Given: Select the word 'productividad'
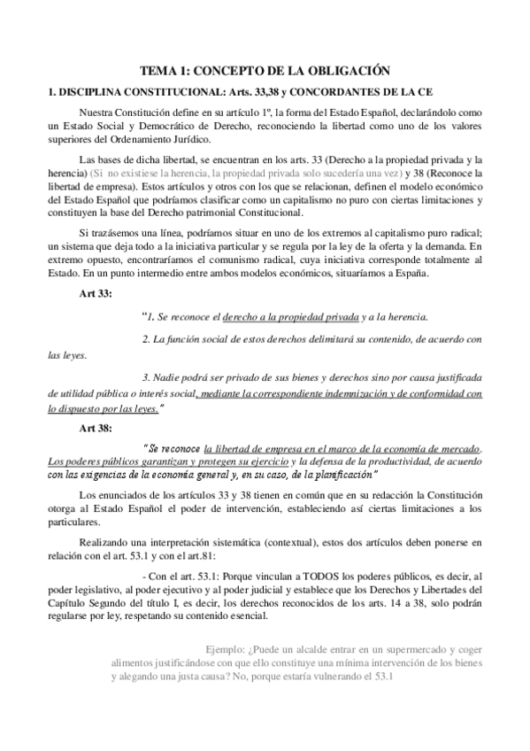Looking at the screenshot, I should (x=398, y=462).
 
